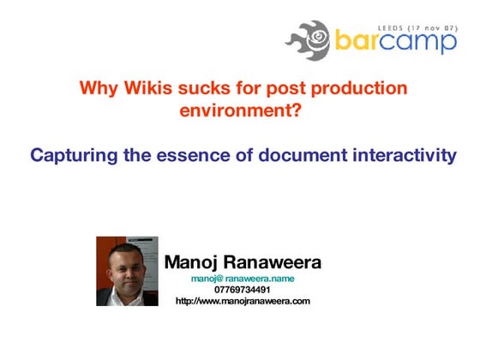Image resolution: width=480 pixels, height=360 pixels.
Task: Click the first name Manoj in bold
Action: [195, 262]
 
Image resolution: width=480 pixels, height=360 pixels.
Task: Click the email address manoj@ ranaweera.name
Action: [243, 279]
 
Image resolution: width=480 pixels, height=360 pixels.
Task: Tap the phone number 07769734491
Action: [243, 290]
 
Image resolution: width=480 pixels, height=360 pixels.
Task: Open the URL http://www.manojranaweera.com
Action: [243, 301]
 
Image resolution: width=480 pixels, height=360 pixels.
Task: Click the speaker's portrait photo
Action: [127, 271]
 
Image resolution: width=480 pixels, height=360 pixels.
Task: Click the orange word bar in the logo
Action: [358, 42]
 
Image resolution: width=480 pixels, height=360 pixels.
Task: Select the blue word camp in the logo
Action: [421, 42]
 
